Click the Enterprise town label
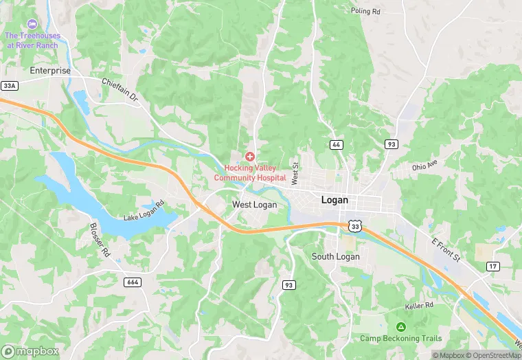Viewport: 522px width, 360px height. pos(50,70)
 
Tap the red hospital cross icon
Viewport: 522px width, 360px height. pos(249,157)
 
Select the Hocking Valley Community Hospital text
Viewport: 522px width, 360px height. pos(249,172)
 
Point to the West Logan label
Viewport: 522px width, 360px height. pos(254,205)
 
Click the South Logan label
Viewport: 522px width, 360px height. pos(335,256)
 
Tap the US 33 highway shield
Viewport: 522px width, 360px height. pos(354,225)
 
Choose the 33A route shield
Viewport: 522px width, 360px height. pos(9,86)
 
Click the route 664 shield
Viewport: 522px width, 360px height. pos(133,282)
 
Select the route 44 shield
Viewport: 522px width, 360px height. pos(336,144)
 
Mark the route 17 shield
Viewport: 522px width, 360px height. pos(493,266)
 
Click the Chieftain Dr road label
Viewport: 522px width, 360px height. pos(120,91)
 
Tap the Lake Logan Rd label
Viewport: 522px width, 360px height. pos(144,212)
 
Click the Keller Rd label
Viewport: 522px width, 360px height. pos(419,305)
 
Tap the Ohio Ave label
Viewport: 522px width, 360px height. pos(424,166)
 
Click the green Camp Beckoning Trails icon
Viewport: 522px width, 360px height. pos(400,326)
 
